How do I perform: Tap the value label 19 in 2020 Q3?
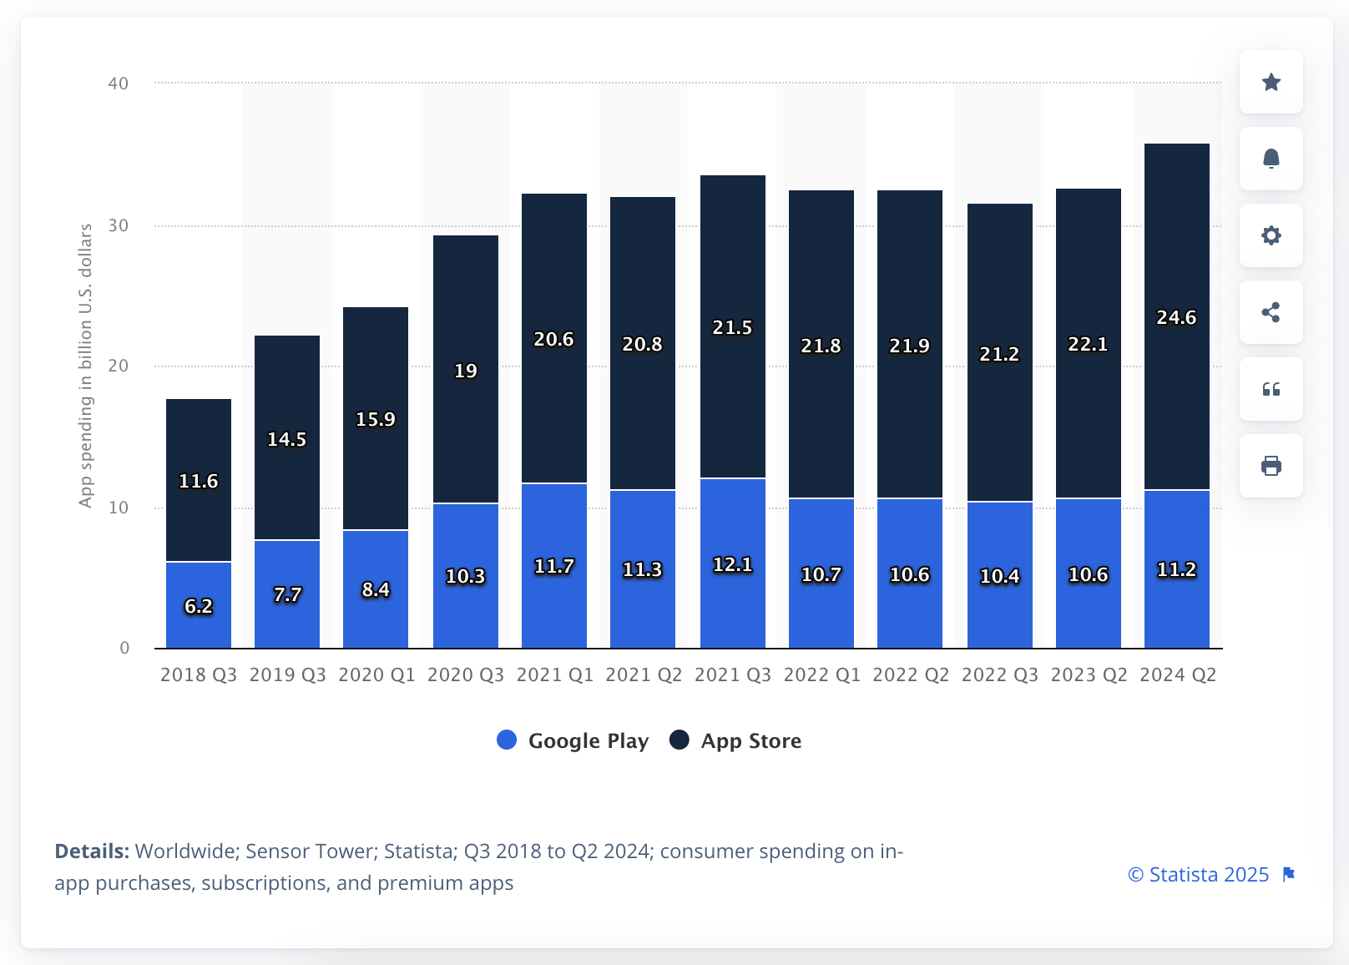pos(465,371)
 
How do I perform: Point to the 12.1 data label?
pos(732,565)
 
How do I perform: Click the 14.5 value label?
pos(286,439)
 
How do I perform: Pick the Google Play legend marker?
pos(507,740)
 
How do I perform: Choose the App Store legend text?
pos(750,741)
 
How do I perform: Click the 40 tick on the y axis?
pos(119,83)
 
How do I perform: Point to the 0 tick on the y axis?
pos(124,648)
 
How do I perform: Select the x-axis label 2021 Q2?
pos(644,674)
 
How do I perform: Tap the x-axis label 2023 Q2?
pos(1089,674)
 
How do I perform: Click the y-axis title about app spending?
pos(85,366)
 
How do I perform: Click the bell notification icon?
pos(1271,159)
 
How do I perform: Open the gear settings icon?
pos(1271,235)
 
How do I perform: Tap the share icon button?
pos(1271,312)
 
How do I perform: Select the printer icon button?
pos(1271,466)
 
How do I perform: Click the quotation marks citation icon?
pos(1271,389)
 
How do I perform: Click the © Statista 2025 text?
pos(1198,875)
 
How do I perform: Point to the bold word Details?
pos(92,851)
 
